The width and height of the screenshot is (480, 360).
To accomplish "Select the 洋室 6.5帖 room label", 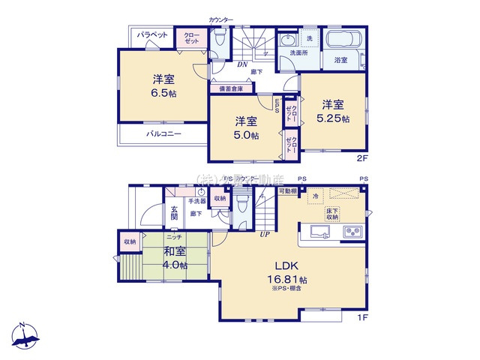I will (x=160, y=86).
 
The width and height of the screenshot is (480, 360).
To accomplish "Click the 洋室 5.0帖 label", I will (x=245, y=128).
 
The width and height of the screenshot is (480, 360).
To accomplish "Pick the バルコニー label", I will (x=160, y=134).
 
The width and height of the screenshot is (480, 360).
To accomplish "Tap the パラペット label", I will (x=152, y=34).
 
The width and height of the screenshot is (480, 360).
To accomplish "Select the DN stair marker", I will (x=243, y=64).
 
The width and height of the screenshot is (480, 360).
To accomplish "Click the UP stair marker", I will (x=264, y=234).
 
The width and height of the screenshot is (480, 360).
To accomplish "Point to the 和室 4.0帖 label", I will (x=175, y=259).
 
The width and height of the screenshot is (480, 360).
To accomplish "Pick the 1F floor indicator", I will (x=361, y=315).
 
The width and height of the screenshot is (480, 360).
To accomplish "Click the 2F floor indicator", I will (x=362, y=159).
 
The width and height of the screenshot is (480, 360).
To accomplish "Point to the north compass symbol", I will (x=25, y=335).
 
